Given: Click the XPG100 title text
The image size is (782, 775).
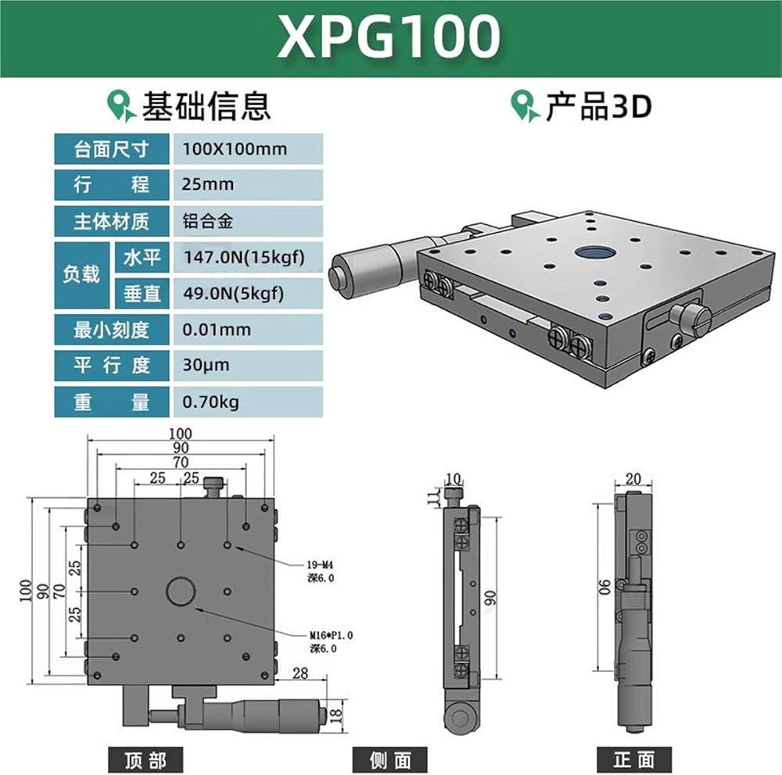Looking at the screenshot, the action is click(x=389, y=37).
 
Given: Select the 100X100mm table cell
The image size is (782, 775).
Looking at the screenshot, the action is click(x=248, y=148).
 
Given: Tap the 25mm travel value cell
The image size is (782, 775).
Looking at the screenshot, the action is click(x=248, y=184).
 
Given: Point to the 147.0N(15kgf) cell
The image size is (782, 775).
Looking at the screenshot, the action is click(x=248, y=257).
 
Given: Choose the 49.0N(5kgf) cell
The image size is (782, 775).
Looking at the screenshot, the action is click(x=248, y=293).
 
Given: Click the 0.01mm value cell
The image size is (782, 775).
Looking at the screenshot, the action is click(x=248, y=330).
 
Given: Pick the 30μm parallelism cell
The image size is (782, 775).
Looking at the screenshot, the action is click(x=248, y=366).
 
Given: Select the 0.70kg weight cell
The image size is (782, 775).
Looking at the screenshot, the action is click(x=248, y=402).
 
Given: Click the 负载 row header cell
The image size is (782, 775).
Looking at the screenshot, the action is click(x=82, y=275).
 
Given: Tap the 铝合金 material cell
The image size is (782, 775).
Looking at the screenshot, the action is click(x=248, y=221).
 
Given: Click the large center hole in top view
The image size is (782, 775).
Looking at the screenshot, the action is click(x=181, y=591).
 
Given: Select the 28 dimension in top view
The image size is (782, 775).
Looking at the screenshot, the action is click(x=300, y=673).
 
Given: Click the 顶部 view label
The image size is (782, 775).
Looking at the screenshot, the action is click(x=145, y=760).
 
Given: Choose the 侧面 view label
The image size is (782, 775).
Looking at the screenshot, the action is click(x=390, y=760).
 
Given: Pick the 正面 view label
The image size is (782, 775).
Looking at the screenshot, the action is click(x=634, y=760).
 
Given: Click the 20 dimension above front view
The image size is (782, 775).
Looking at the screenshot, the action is click(x=633, y=479).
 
